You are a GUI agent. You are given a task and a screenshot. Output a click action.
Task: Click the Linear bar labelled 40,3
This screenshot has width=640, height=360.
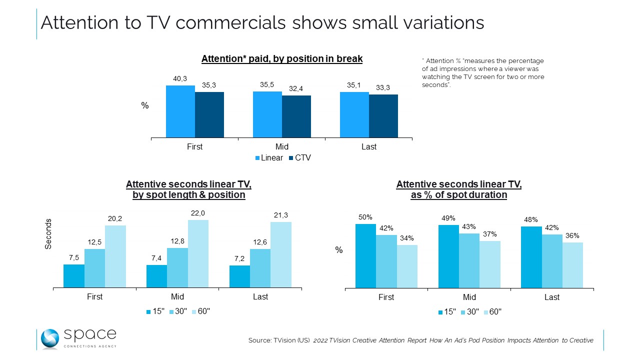click(x=180, y=111)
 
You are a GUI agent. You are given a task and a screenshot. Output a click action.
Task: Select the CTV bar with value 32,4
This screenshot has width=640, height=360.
click(x=296, y=116)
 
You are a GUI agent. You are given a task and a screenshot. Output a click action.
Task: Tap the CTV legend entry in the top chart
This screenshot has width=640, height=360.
click(x=300, y=158)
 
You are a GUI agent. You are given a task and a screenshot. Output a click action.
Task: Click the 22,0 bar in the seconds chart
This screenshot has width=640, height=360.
click(x=198, y=254)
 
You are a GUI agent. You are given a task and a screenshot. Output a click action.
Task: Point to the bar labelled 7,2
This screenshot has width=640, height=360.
click(x=240, y=276)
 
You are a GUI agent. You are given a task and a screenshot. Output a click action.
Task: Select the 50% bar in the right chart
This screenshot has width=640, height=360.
click(x=365, y=256)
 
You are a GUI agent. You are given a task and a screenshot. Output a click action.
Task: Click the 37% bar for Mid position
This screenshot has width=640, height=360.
click(x=490, y=264)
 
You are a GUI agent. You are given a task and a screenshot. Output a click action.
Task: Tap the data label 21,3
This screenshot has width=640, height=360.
click(x=280, y=215)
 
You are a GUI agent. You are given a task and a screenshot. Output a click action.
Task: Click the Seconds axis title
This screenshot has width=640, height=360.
click(x=48, y=234)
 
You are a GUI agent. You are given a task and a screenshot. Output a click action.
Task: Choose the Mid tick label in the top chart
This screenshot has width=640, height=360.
click(x=282, y=147)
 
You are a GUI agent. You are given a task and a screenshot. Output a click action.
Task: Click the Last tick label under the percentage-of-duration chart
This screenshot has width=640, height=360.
click(x=552, y=297)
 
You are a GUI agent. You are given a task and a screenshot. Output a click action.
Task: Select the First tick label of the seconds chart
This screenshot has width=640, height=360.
click(x=94, y=297)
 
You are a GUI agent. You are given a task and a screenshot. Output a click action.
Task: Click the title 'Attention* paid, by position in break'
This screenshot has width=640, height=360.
click(x=282, y=59)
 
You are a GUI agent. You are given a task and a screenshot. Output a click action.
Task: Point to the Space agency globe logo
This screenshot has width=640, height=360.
click(x=50, y=339)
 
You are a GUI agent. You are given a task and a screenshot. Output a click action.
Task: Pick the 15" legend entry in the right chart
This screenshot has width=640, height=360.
click(x=447, y=311)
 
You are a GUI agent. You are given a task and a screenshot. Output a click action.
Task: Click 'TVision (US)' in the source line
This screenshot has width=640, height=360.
click(x=289, y=340)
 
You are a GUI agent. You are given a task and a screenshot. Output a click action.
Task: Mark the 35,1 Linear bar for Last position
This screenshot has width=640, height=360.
click(x=354, y=114)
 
